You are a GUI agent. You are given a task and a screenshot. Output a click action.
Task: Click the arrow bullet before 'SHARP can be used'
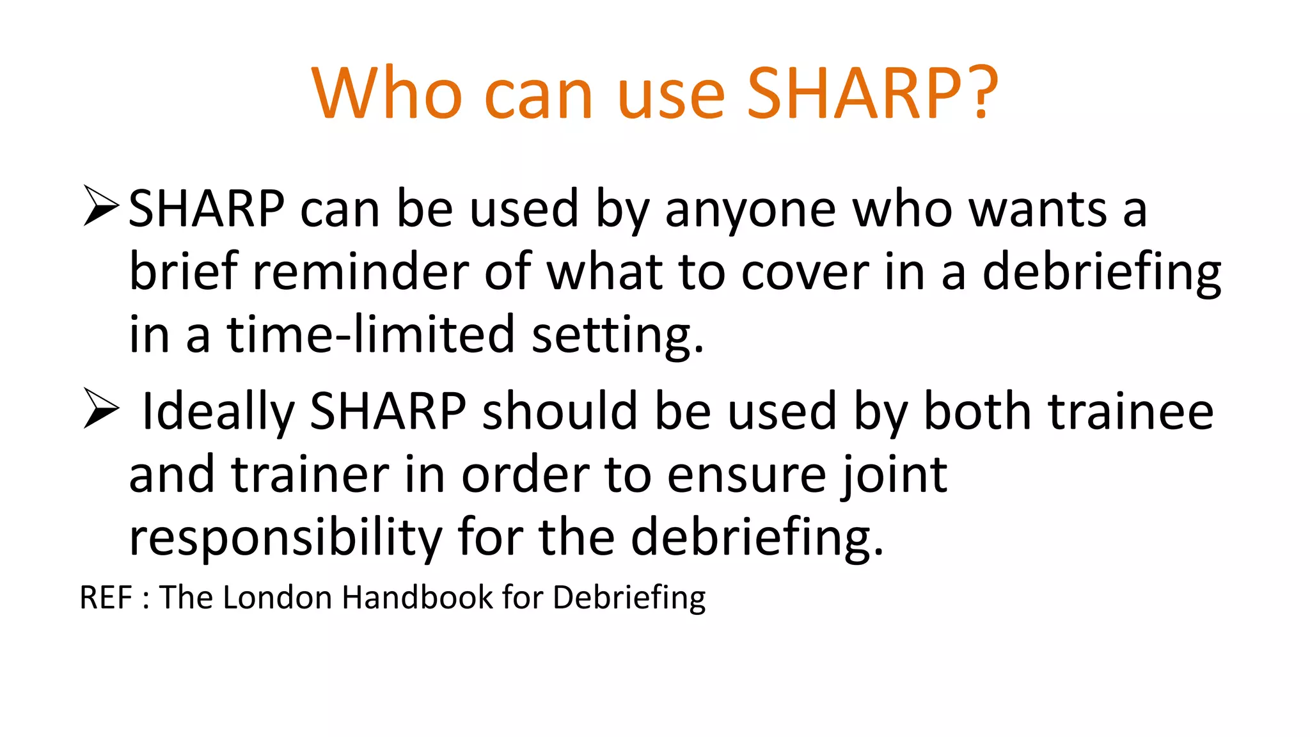(101, 206)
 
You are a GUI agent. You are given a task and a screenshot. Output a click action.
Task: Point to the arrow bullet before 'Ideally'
(101, 409)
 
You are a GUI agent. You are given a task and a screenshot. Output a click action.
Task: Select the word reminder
(361, 272)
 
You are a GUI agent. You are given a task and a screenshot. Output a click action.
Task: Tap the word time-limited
(370, 334)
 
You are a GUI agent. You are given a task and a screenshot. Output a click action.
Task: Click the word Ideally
(217, 411)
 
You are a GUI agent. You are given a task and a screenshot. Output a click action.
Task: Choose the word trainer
(310, 475)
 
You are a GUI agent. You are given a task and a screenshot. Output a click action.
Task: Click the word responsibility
(285, 538)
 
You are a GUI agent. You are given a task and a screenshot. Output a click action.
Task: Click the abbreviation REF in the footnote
(106, 598)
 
